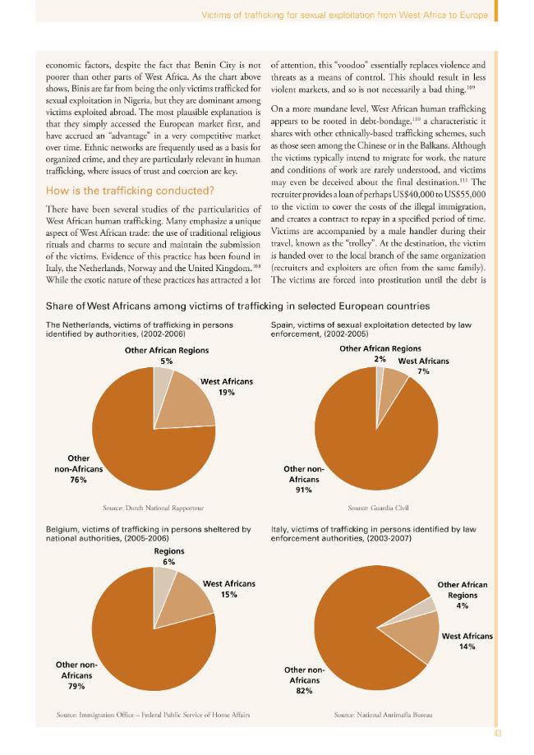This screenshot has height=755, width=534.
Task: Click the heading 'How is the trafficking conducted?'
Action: pyautogui.click(x=130, y=191)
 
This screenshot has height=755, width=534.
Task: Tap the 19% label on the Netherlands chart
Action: pyautogui.click(x=226, y=393)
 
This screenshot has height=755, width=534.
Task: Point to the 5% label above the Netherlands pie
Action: pyautogui.click(x=167, y=361)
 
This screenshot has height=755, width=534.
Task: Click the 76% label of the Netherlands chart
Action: pyautogui.click(x=78, y=480)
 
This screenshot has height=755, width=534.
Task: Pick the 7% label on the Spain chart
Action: pyautogui.click(x=423, y=371)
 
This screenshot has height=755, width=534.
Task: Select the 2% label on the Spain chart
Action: pyautogui.click(x=380, y=359)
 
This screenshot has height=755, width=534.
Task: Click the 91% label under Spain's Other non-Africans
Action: pyautogui.click(x=304, y=490)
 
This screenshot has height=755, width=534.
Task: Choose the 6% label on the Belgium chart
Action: pyautogui.click(x=169, y=562)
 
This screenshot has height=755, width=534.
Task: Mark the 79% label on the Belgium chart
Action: pyautogui.click(x=76, y=686)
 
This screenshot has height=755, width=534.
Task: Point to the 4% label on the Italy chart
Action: pyautogui.click(x=463, y=605)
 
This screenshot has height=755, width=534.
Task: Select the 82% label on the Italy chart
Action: pyautogui.click(x=304, y=690)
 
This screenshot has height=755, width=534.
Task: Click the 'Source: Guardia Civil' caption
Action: pyautogui.click(x=379, y=508)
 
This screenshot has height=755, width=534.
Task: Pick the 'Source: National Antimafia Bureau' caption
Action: pyautogui.click(x=384, y=715)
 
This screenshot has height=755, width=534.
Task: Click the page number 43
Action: pyautogui.click(x=498, y=734)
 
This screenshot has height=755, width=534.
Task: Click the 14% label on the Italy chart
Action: pyautogui.click(x=467, y=647)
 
